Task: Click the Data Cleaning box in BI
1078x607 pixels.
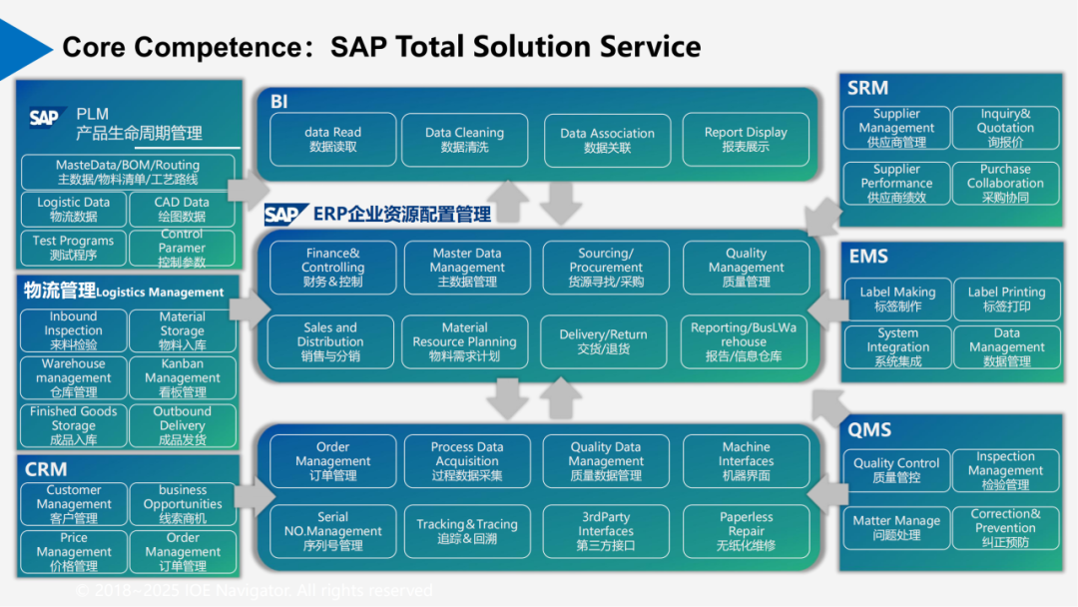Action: point(465,139)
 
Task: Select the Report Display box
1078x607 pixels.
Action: point(745,139)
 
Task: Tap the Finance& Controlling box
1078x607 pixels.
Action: point(332,268)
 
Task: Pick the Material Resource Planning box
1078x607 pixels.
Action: point(465,340)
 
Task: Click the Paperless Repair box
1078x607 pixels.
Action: point(745,531)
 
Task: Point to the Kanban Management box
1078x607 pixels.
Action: point(182,378)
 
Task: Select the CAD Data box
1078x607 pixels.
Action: point(182,209)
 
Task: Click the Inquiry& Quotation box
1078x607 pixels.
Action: point(1005,128)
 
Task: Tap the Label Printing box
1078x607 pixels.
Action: point(1006,299)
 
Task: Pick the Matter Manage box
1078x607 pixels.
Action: point(896,527)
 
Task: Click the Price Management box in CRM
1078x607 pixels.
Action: point(73,551)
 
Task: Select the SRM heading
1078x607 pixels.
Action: point(868,88)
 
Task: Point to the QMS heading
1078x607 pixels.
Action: point(869,430)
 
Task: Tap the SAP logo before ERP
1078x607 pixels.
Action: point(285,215)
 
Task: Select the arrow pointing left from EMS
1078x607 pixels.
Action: point(824,310)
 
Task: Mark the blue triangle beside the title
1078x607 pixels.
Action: point(24,45)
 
